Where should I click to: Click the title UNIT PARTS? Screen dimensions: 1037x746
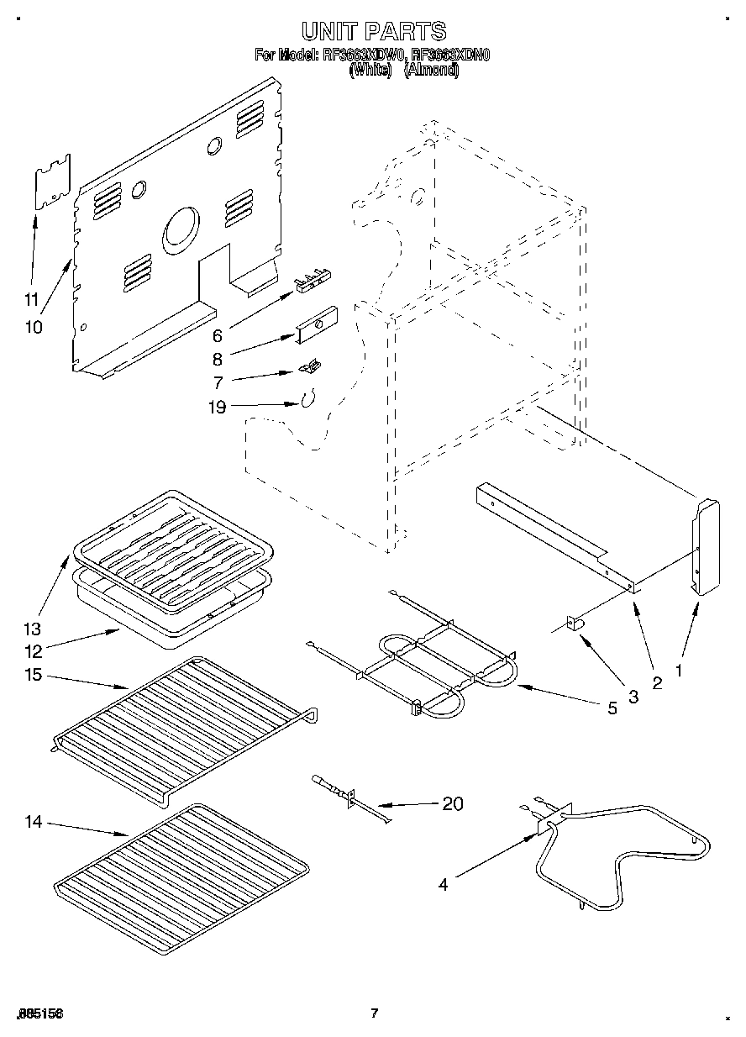pos(373,32)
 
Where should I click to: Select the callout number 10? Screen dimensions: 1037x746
pos(33,326)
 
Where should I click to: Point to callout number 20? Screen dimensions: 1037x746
pos(451,803)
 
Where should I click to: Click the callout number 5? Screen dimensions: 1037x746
pos(612,708)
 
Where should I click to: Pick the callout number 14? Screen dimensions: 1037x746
pos(33,822)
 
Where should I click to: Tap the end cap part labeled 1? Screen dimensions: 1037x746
pos(705,546)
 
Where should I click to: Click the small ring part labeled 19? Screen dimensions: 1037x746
pos(307,397)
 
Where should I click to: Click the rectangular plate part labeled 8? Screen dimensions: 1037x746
pos(315,324)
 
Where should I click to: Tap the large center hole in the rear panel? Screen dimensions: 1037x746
pos(181,229)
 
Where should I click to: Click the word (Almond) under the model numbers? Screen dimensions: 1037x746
pos(431,71)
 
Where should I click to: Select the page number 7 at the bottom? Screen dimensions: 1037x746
pos(375,1013)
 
